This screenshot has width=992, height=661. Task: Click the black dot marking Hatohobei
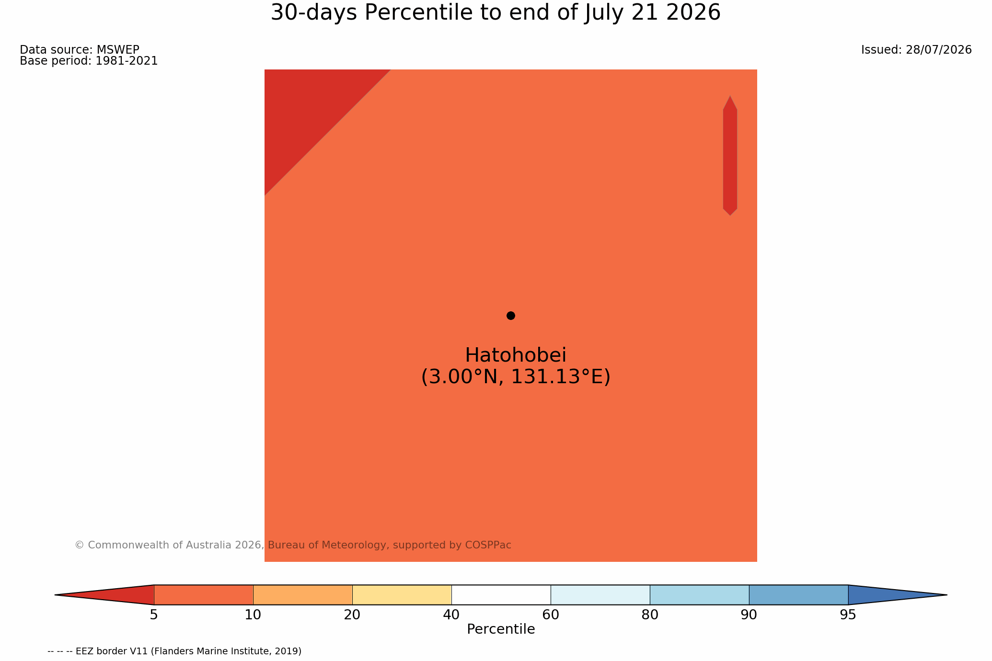(x=511, y=316)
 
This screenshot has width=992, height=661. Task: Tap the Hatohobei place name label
(x=516, y=355)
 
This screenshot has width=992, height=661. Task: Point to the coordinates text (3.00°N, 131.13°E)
(x=516, y=377)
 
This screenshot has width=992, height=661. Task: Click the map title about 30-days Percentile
(x=496, y=12)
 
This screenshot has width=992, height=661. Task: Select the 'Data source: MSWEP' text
(x=80, y=50)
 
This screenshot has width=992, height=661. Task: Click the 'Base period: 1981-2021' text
(x=89, y=61)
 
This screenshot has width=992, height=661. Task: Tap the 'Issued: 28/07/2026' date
(x=916, y=50)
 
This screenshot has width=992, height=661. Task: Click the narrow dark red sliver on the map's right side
(x=730, y=156)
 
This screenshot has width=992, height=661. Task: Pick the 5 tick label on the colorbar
(x=154, y=615)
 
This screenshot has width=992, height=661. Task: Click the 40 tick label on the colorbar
(x=451, y=615)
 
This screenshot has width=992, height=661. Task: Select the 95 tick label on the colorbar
(x=848, y=615)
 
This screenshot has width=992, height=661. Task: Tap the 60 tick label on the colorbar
(x=551, y=615)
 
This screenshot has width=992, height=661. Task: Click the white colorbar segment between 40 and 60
(x=501, y=595)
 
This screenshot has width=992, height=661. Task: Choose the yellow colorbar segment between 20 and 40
(x=402, y=595)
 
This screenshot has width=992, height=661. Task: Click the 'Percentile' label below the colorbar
(x=501, y=629)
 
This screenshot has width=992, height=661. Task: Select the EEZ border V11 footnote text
(x=175, y=651)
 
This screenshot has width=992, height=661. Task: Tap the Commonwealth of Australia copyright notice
(x=293, y=545)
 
